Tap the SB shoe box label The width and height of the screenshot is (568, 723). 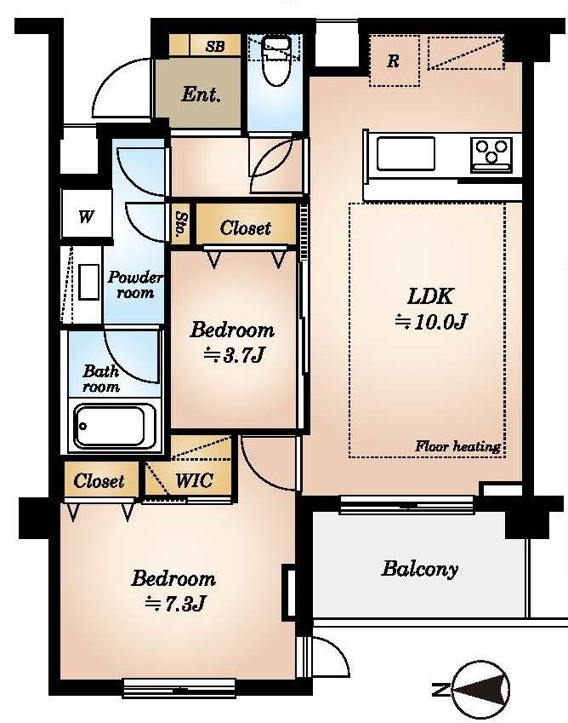click(215, 46)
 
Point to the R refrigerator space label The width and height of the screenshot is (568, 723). click(393, 60)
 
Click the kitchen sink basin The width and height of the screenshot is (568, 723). click(406, 153)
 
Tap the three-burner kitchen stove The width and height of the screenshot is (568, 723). click(491, 155)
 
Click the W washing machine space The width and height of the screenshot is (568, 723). click(87, 215)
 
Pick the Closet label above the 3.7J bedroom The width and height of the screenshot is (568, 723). click(245, 227)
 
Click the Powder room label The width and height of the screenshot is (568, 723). click(135, 285)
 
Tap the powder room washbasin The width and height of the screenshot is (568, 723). click(88, 282)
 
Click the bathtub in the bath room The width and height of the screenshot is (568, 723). click(115, 426)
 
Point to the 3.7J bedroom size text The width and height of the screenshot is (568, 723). click(234, 355)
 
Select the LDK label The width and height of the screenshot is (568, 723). click(430, 296)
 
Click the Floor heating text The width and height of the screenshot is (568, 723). click(457, 446)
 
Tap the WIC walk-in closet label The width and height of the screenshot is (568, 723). click(194, 481)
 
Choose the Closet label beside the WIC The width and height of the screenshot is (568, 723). click(99, 481)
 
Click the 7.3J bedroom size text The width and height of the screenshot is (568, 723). click(175, 604)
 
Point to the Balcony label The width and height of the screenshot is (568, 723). click(420, 569)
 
